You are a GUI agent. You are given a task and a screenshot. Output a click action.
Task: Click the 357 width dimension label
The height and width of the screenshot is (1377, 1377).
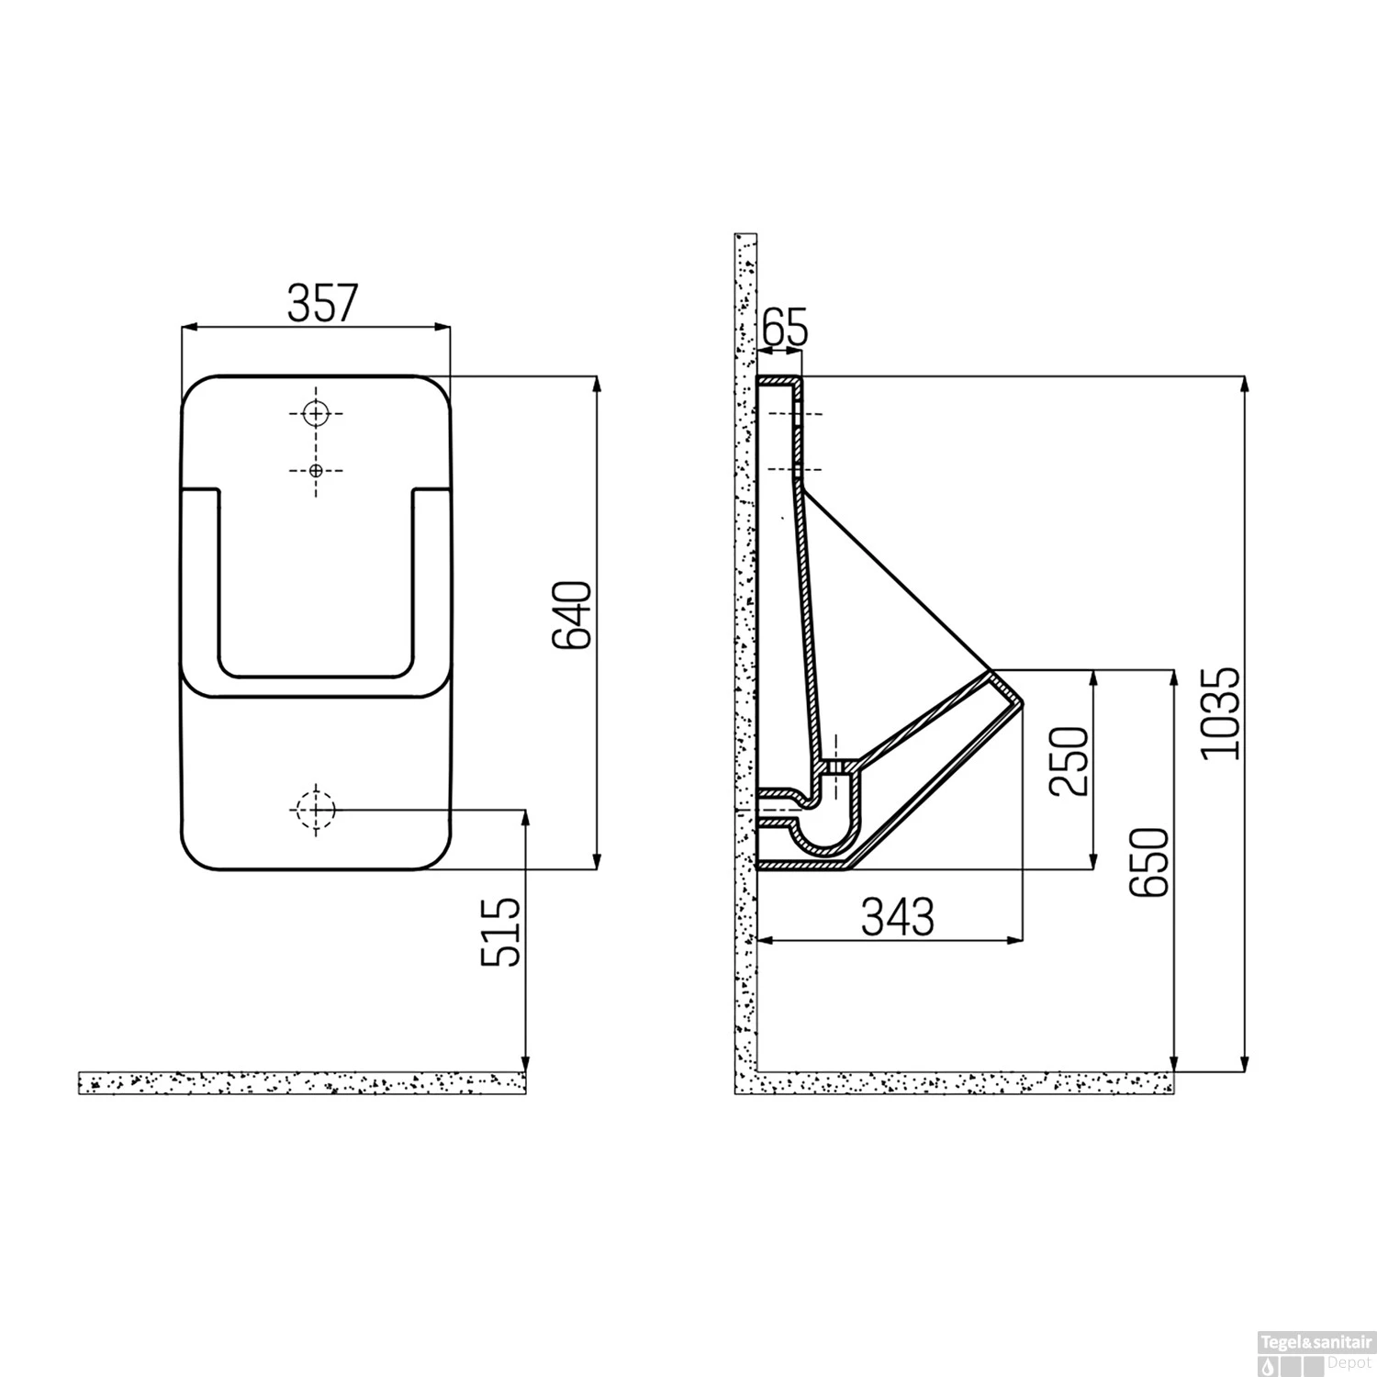[x=320, y=304]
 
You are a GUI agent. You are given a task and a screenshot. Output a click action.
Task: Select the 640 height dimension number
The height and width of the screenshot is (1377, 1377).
[x=576, y=614]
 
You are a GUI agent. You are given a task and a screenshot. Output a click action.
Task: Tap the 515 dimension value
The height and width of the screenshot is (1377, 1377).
[x=501, y=933]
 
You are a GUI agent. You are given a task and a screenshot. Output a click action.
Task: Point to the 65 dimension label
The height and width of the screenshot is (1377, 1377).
[x=784, y=329]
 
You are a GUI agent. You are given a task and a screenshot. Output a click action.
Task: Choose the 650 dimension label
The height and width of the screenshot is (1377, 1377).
[x=1151, y=861]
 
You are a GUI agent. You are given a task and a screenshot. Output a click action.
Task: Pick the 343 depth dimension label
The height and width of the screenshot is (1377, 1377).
[x=898, y=917]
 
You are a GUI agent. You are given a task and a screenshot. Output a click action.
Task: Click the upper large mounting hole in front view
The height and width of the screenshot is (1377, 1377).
[x=316, y=414]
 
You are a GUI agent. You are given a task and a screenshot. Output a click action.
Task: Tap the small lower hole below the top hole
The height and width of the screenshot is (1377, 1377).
[x=316, y=470]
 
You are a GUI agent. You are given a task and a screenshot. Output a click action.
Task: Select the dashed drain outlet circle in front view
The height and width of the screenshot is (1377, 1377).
[x=316, y=810]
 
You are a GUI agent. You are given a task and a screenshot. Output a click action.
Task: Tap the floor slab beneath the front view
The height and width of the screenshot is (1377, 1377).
[x=302, y=1082]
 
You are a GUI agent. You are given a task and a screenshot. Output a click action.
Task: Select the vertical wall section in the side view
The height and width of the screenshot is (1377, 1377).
[x=744, y=643]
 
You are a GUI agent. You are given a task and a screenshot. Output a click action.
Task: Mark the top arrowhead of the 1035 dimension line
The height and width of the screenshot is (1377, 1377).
[x=1244, y=384]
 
